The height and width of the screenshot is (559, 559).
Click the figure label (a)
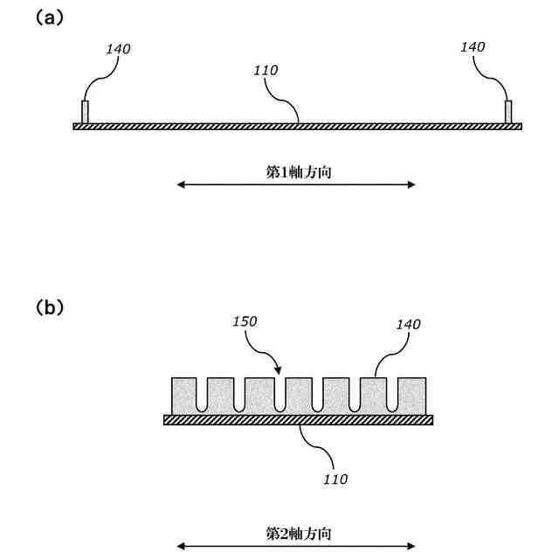pyautogui.click(x=48, y=17)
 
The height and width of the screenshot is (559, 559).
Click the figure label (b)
pyautogui.click(x=49, y=307)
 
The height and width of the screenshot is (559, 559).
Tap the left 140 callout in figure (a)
pyautogui.click(x=118, y=49)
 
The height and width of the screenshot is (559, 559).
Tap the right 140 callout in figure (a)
pyautogui.click(x=473, y=47)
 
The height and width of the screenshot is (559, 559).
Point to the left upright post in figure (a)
pyautogui.click(x=85, y=112)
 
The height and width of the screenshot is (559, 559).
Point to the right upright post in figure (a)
pyautogui.click(x=508, y=112)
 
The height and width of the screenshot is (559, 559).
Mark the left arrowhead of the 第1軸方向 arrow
pyautogui.click(x=180, y=184)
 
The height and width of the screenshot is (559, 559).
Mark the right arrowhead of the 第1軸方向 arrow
pyautogui.click(x=411, y=184)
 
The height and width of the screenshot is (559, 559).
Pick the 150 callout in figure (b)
pyautogui.click(x=245, y=322)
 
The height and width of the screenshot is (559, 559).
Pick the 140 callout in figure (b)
pyautogui.click(x=407, y=325)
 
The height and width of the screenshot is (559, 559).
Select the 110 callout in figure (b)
pyautogui.click(x=335, y=479)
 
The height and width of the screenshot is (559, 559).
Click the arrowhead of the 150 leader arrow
pyautogui.click(x=278, y=372)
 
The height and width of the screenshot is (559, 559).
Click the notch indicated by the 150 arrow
pyautogui.click(x=281, y=395)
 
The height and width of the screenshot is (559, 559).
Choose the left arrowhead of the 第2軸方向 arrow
pyautogui.click(x=180, y=547)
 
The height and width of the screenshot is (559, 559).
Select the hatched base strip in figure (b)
pyautogui.click(x=298, y=420)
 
